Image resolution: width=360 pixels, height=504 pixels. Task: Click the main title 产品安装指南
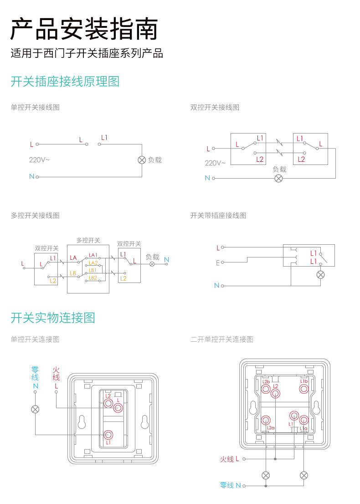84,30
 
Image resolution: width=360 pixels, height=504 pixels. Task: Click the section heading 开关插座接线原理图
65,82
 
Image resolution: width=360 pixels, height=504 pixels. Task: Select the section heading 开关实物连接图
53,318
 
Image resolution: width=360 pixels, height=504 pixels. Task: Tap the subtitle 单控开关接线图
35,108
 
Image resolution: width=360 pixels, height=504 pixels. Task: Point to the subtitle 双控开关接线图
215,108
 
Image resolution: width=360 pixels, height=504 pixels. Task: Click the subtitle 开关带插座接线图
218,216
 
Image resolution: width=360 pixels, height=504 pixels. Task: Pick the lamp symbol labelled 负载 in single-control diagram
142,160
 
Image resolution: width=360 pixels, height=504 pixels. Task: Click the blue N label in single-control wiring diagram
31,176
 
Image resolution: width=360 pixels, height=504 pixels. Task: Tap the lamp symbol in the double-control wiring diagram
278,178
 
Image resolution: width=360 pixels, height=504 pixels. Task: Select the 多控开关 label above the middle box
88,240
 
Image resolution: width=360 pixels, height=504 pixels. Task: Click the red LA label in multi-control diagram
73,258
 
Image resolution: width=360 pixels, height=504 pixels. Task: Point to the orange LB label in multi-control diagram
73,274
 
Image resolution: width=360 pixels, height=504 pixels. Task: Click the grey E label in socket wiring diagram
218,263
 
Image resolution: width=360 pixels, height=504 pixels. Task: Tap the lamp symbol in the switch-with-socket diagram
320,274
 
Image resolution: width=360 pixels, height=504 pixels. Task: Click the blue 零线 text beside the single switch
35,373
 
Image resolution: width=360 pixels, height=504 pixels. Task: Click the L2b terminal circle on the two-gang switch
266,389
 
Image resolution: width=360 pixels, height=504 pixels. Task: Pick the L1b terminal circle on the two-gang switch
304,389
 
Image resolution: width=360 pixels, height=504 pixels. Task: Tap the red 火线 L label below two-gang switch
230,459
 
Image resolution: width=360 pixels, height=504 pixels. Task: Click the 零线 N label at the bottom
230,485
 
